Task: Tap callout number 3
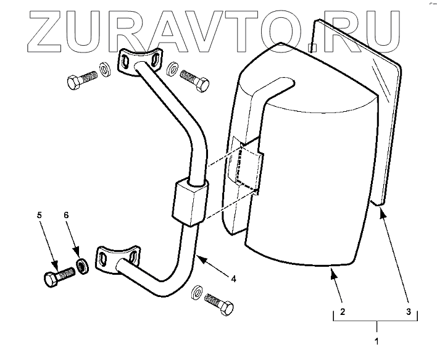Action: pos(408,312)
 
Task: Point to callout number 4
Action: pos(234,278)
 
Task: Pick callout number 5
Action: pos(39,216)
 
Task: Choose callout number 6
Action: pos(67,216)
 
